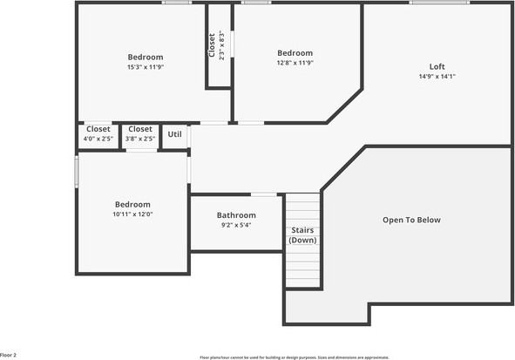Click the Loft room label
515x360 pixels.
tap(437, 66)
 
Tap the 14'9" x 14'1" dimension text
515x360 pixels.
tap(437, 77)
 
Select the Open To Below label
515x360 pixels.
tap(411, 220)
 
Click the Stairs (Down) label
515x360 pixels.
tap(302, 235)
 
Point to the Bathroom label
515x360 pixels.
tap(236, 215)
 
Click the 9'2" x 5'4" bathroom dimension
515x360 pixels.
tap(236, 225)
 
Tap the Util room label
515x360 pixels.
tap(175, 134)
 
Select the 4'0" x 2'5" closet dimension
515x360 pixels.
tap(98, 139)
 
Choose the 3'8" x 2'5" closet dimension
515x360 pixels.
tap(139, 139)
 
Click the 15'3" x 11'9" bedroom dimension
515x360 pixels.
tap(146, 67)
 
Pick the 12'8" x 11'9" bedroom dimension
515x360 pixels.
tap(295, 63)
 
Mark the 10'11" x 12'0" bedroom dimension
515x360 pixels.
tap(132, 214)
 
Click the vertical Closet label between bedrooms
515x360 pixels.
tap(212, 45)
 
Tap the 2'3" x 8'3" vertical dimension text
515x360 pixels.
tap(222, 45)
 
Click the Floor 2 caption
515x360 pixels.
tap(9, 355)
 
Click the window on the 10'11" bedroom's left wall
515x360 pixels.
tap(76, 171)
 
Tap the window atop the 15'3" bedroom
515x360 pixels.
tap(178, 3)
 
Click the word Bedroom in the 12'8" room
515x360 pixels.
tap(295, 53)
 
